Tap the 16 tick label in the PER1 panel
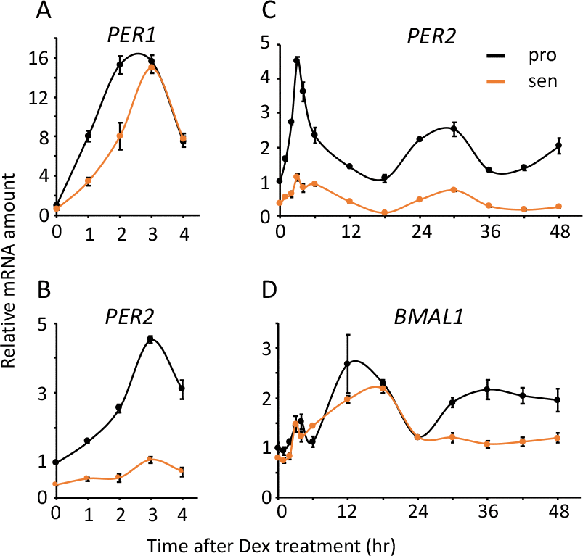point(39,58)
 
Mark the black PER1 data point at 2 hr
point(120,65)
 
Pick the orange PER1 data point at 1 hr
point(88,181)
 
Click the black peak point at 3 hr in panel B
point(151,339)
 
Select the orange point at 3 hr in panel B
point(151,460)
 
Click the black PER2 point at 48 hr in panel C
point(558,146)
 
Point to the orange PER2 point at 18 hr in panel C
point(384,212)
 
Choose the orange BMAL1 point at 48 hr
point(558,437)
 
